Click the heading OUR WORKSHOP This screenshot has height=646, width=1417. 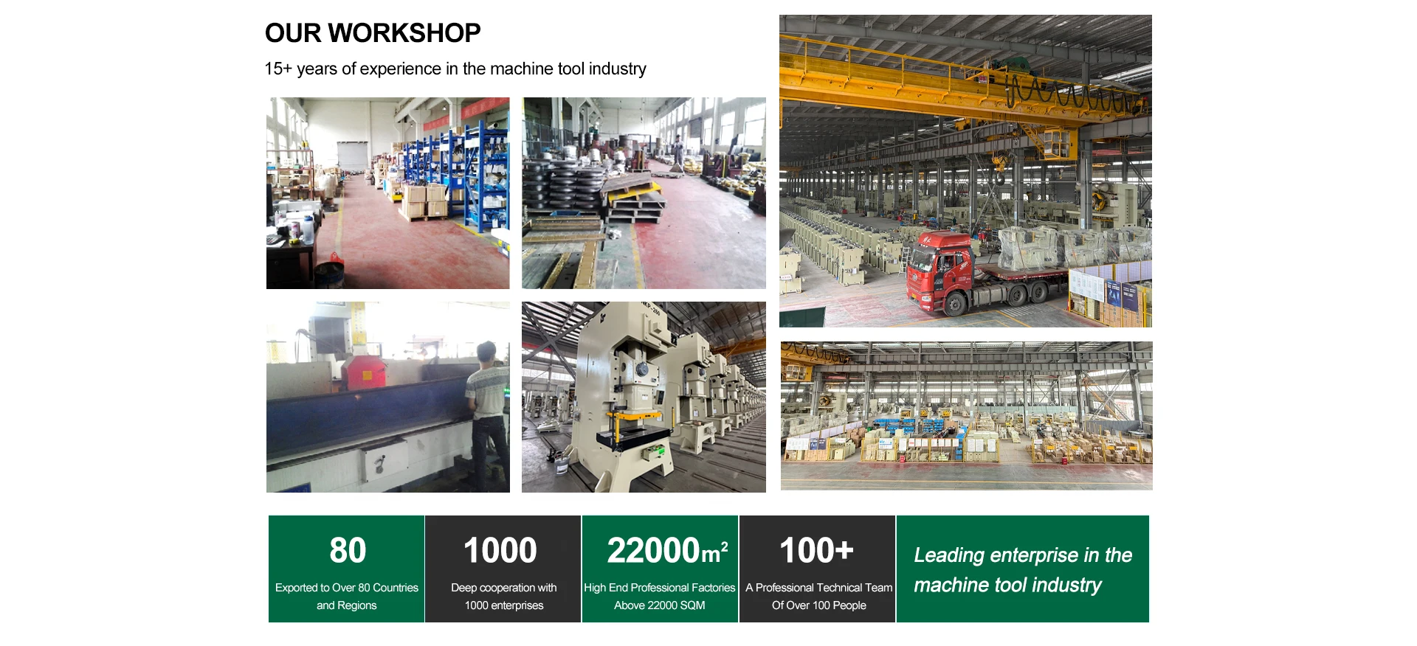pos(373,33)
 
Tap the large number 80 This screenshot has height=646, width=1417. pos(348,550)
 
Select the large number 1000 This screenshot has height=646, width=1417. pos(500,550)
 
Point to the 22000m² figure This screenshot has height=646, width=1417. pos(667,550)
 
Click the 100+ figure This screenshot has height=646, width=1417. pos(817,550)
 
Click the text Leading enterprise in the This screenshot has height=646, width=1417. pos(1023,555)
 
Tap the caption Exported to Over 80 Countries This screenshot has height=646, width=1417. pos(347,588)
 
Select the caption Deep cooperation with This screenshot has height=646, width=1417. pos(504,588)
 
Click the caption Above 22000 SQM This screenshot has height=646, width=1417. pos(660,605)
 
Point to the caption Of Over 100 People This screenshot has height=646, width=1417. pos(819,605)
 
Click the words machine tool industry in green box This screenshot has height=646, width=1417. pos(1007,586)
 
